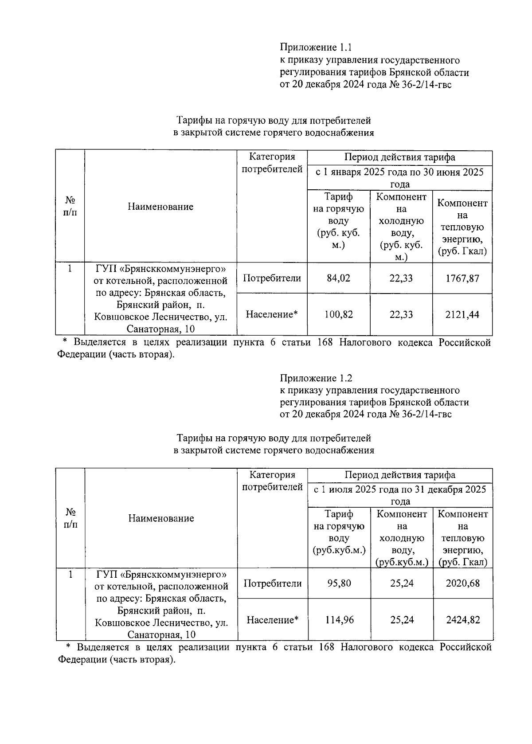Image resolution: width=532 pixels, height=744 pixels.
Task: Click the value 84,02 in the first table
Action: click(x=339, y=278)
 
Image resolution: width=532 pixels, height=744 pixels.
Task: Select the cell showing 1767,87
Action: click(x=462, y=278)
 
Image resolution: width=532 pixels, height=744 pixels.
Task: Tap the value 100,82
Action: click(x=339, y=315)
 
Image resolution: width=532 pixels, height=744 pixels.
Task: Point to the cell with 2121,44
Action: click(x=462, y=315)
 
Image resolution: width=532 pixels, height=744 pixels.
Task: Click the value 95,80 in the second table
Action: click(x=339, y=583)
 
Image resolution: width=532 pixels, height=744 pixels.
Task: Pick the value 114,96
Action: click(x=339, y=619)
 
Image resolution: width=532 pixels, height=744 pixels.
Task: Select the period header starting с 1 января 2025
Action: click(x=399, y=178)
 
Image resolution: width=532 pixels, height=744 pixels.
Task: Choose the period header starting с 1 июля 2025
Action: click(x=400, y=495)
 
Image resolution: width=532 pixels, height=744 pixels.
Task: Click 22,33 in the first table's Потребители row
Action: click(x=401, y=278)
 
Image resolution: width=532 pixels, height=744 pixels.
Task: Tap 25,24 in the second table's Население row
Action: click(x=402, y=619)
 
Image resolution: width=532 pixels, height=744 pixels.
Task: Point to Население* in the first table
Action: click(x=272, y=315)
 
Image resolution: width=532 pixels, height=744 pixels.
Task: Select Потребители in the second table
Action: click(x=273, y=583)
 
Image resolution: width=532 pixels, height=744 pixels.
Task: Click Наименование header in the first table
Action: click(x=160, y=207)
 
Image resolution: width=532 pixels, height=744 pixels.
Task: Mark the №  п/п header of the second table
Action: click(x=70, y=518)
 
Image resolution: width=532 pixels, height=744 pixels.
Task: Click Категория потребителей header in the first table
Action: click(x=272, y=163)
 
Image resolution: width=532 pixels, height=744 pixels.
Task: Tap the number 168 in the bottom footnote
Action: click(x=326, y=647)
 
